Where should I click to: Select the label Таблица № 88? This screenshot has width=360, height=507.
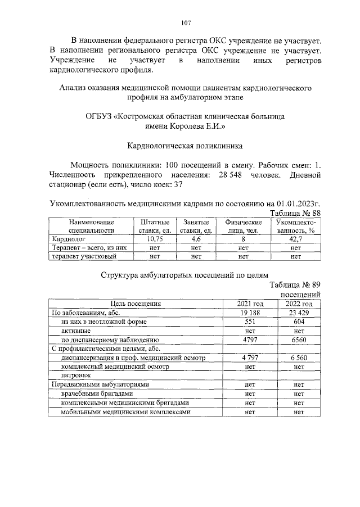point(295,213)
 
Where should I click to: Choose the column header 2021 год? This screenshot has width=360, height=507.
point(251,304)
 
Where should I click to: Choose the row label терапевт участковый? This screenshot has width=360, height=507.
point(84,256)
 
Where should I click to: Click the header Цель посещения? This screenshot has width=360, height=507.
point(136,304)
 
